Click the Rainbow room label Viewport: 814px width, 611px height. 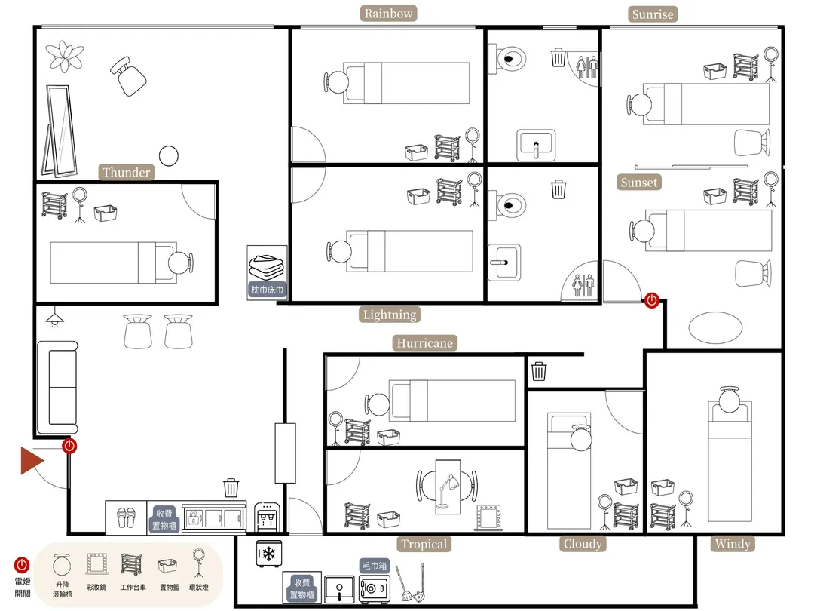pyautogui.click(x=388, y=14)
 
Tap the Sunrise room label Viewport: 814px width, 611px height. pyautogui.click(x=653, y=14)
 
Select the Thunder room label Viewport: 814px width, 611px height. pyautogui.click(x=126, y=172)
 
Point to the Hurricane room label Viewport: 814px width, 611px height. pyautogui.click(x=424, y=343)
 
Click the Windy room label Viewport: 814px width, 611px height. pyautogui.click(x=733, y=543)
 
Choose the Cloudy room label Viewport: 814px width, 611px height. pyautogui.click(x=583, y=543)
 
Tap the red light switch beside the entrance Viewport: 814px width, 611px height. pyautogui.click(x=69, y=446)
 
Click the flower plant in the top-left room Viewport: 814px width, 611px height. pyautogui.click(x=64, y=56)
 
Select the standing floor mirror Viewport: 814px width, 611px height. pyautogui.click(x=60, y=131)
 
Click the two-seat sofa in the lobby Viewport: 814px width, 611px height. pyautogui.click(x=57, y=387)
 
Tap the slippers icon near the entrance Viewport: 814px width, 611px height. pyautogui.click(x=126, y=517)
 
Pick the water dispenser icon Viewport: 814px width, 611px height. pyautogui.click(x=267, y=517)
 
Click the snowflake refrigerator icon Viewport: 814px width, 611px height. pyautogui.click(x=269, y=554)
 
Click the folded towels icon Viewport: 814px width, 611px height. pyautogui.click(x=267, y=267)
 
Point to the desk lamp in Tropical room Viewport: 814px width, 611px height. pyautogui.click(x=448, y=490)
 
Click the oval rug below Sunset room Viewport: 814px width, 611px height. pyautogui.click(x=715, y=327)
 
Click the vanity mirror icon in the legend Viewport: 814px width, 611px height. pyautogui.click(x=96, y=563)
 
